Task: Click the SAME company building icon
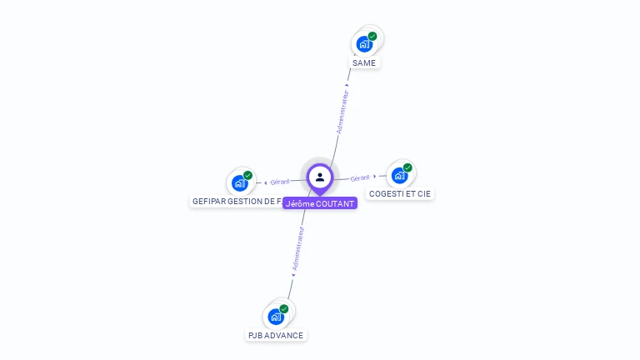tap(364, 44)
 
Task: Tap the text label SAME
tap(365, 63)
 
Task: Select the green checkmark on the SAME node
tap(372, 36)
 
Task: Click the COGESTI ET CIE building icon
tap(399, 176)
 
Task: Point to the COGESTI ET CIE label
tap(401, 194)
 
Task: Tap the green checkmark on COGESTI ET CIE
tap(407, 167)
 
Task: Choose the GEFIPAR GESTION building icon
tap(240, 183)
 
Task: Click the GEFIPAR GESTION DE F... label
tap(237, 202)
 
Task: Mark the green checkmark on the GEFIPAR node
tap(248, 175)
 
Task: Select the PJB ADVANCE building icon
tap(276, 317)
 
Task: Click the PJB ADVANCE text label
tap(276, 335)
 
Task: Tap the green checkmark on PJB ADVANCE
tap(284, 308)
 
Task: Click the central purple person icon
tap(320, 177)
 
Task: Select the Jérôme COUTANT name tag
tap(320, 203)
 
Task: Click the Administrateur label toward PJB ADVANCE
tap(298, 248)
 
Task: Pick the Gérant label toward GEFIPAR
tap(280, 182)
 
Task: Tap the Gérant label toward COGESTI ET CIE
tap(360, 178)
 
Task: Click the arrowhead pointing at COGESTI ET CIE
tap(375, 177)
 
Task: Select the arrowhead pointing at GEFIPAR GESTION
tap(264, 182)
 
